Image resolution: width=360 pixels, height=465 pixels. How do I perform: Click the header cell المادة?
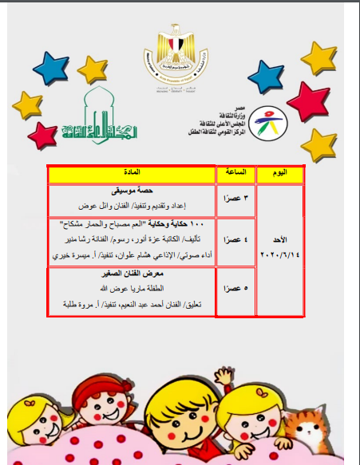click(133, 175)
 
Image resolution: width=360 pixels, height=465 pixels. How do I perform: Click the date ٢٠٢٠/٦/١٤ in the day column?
click(281, 253)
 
